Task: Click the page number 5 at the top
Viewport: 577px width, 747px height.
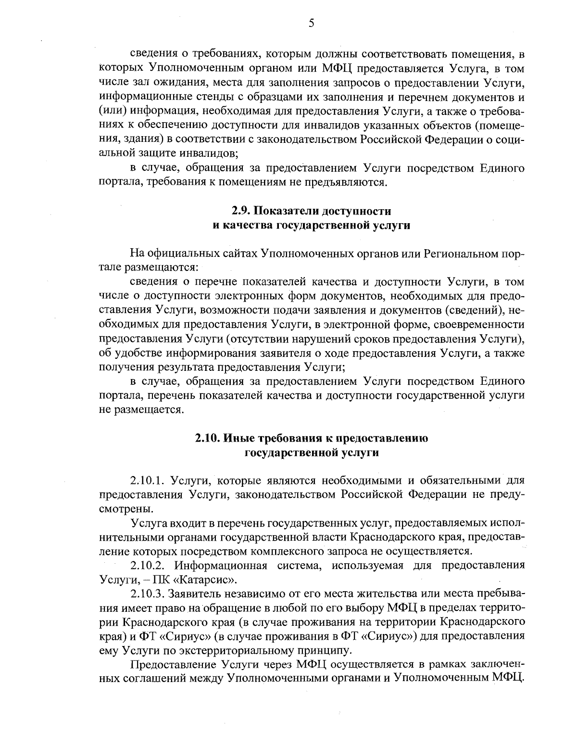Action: tap(312, 23)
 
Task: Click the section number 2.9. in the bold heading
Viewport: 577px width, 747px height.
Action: tap(241, 211)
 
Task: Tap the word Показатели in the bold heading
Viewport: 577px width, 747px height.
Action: tap(289, 211)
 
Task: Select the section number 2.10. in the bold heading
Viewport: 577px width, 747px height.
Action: tap(209, 438)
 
